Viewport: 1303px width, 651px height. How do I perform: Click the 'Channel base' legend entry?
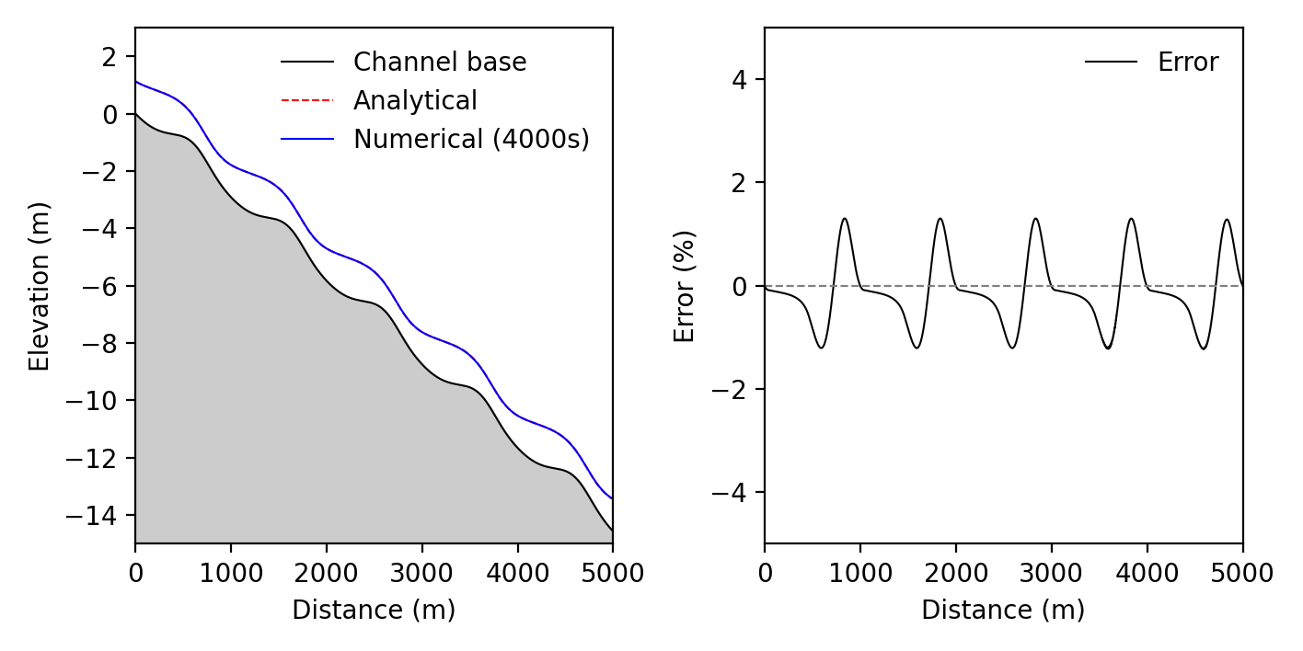pos(440,63)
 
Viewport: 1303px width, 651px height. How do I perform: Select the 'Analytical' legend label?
pos(415,101)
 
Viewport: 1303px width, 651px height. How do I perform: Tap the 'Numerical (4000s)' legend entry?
pos(471,140)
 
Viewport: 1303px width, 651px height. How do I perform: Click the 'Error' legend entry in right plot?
pos(1188,63)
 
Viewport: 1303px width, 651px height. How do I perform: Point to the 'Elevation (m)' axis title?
pos(39,286)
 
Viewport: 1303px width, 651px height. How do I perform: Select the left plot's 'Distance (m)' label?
pos(374,611)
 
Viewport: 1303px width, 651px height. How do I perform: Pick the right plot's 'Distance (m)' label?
pos(1003,611)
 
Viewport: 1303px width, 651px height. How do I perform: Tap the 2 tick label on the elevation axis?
pos(110,57)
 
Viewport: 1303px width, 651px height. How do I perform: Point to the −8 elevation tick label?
pos(103,343)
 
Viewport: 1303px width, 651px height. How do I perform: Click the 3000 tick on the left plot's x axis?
pos(421,574)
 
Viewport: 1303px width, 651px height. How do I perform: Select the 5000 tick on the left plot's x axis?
pos(613,574)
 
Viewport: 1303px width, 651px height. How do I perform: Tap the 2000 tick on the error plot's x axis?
pos(955,574)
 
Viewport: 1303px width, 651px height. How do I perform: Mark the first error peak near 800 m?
pos(844,219)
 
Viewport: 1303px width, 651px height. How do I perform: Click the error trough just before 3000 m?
pos(1012,348)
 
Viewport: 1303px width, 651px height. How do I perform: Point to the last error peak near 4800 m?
pos(1227,219)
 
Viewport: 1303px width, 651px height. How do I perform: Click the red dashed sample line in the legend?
pos(306,101)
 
